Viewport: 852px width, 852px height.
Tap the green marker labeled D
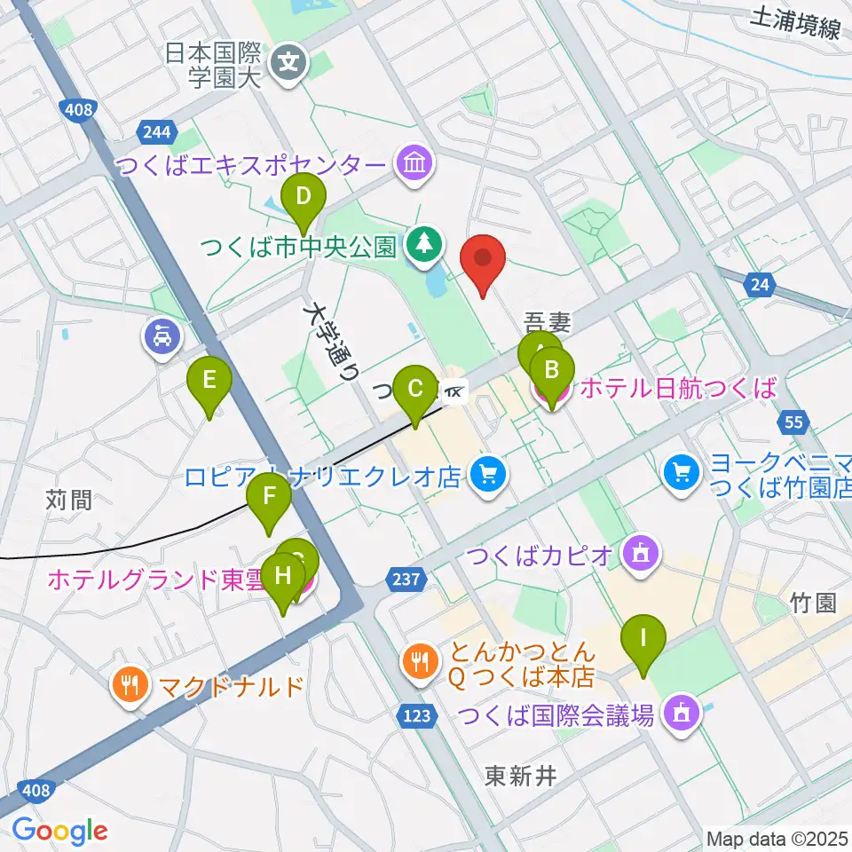click(304, 197)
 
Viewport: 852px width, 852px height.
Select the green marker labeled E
click(209, 383)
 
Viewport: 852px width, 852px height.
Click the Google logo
click(59, 831)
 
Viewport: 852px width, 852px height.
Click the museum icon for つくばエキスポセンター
click(414, 164)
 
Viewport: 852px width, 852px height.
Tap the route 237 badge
click(404, 578)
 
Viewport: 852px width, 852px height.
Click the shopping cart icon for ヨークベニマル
click(681, 471)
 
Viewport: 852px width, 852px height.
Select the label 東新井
click(520, 777)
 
